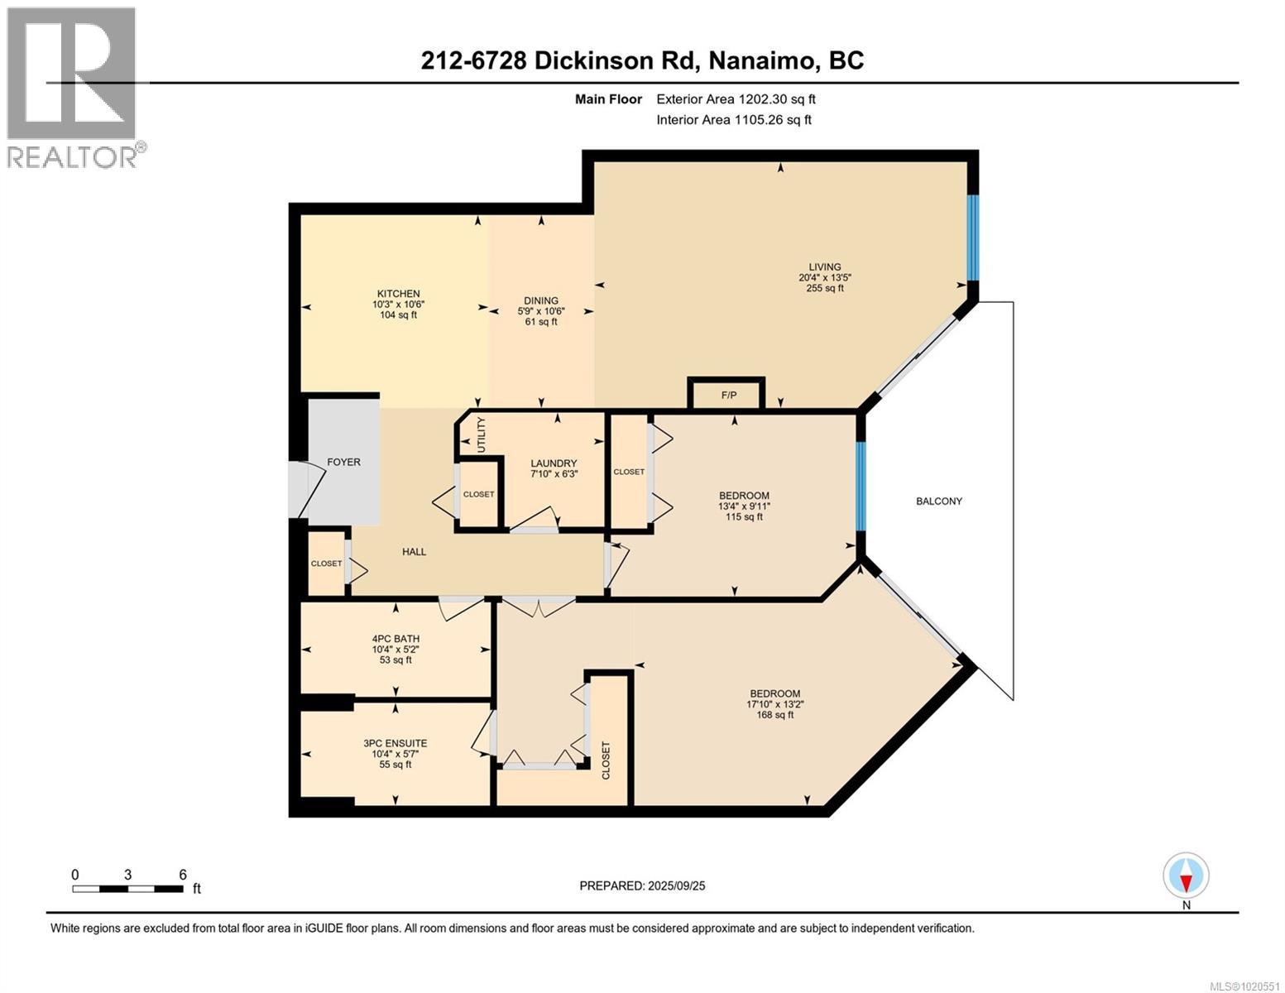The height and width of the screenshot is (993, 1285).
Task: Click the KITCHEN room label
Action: click(398, 295)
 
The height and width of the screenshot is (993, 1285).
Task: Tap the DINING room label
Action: click(540, 301)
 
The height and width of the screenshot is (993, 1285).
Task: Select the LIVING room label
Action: click(824, 267)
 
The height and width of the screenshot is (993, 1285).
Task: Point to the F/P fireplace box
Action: click(728, 395)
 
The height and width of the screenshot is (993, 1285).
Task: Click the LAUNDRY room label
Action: click(554, 464)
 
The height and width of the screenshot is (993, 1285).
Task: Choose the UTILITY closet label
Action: click(482, 435)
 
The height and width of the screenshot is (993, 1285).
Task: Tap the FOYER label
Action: click(343, 463)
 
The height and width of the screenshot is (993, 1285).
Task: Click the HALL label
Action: click(414, 552)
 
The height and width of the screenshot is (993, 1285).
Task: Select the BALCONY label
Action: click(938, 501)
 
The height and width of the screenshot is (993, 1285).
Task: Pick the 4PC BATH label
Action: click(395, 639)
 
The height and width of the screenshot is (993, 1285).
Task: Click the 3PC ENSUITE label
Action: click(395, 744)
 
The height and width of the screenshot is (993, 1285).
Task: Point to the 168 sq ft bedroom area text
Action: click(774, 715)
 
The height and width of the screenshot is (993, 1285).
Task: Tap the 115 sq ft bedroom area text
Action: click(743, 517)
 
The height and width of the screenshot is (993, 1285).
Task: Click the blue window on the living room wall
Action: click(973, 237)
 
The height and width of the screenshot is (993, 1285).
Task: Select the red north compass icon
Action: click(1186, 875)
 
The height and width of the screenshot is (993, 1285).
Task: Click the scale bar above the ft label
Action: click(127, 890)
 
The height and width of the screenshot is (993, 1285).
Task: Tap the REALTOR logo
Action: click(73, 87)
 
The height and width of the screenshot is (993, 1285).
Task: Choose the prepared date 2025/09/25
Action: click(642, 886)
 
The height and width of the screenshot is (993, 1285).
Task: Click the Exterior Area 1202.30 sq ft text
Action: click(736, 99)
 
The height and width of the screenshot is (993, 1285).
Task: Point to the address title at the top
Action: click(642, 60)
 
